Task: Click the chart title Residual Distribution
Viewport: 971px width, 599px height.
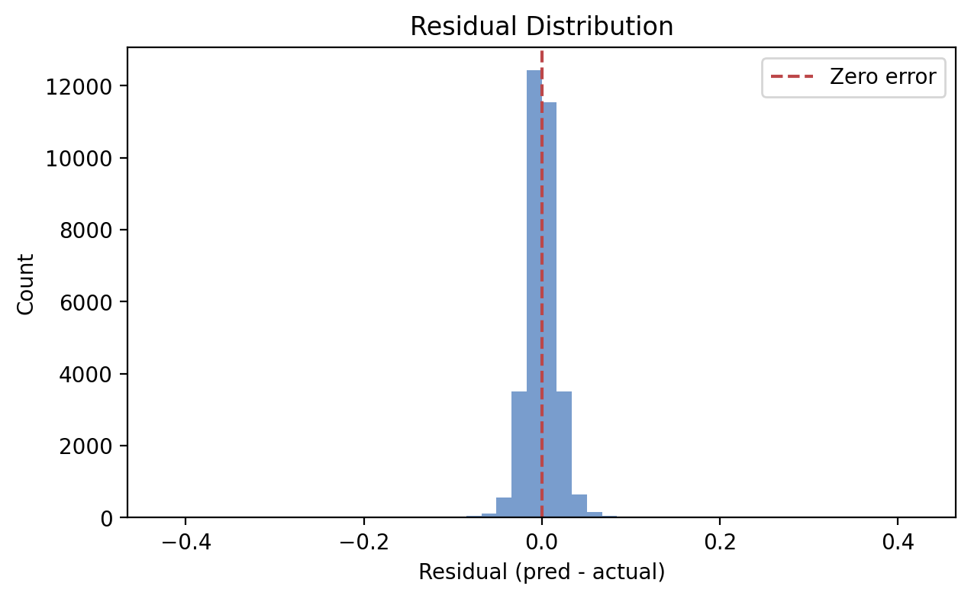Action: pos(541,27)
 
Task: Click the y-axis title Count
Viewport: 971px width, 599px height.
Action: pos(27,284)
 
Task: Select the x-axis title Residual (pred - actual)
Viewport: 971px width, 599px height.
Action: pos(541,572)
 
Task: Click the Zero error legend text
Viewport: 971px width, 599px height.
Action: pos(882,77)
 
